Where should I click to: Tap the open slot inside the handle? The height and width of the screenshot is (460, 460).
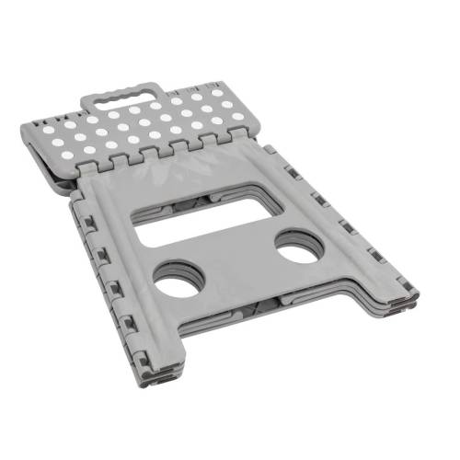pyautogui.click(x=127, y=96)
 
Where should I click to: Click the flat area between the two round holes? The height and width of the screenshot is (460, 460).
pyautogui.click(x=237, y=269)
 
